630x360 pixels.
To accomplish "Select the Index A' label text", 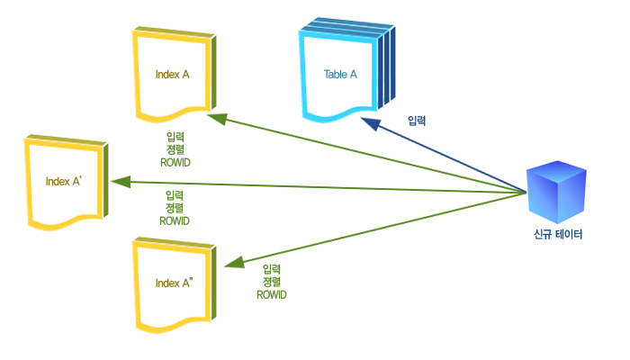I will point(64,181).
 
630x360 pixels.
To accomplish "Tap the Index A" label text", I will point(174,283).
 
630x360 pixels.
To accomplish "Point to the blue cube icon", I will point(555,193).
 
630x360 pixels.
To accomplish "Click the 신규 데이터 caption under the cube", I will point(558,236).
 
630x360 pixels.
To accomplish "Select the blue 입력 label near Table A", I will point(417,121).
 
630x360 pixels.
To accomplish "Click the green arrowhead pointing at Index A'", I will point(115,181).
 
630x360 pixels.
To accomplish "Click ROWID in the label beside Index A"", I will point(271,294).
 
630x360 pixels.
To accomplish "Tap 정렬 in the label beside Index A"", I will point(271,282).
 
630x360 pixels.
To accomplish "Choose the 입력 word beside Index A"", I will point(271,269).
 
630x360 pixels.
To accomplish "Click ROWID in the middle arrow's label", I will point(175,220).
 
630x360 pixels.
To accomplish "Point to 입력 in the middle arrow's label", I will point(175,194).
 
